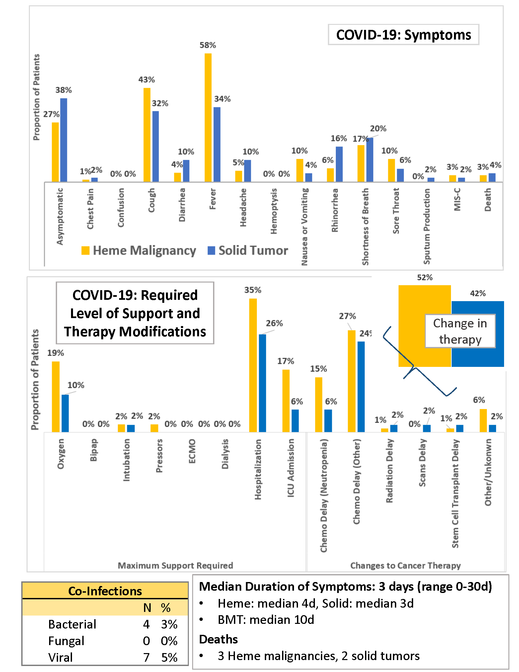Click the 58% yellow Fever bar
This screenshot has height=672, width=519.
(208, 118)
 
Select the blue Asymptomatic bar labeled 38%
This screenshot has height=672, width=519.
(64, 140)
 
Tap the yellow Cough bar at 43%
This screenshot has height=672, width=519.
(147, 135)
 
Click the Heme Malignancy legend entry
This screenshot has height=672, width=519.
(139, 250)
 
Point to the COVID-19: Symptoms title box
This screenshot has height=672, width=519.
(403, 35)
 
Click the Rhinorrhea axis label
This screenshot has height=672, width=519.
(335, 210)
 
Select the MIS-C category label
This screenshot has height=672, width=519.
(457, 200)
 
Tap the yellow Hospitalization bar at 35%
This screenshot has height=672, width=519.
(253, 365)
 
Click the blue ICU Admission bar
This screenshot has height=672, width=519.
(295, 421)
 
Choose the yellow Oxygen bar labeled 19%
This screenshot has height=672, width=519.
(56, 397)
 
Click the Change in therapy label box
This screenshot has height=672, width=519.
(460, 331)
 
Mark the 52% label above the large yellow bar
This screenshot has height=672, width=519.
(425, 278)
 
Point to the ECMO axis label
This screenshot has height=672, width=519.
(192, 451)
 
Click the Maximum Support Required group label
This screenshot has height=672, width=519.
(175, 565)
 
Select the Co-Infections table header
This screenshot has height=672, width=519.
(105, 591)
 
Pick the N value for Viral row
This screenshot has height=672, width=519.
(146, 657)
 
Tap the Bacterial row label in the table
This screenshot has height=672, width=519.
(72, 624)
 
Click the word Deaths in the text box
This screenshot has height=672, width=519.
(218, 639)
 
